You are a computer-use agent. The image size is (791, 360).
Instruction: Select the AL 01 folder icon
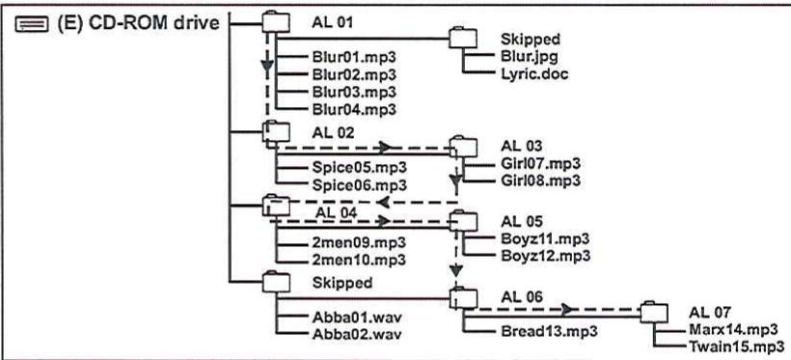pos(274,22)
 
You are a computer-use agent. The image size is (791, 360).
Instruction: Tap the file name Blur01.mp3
pos(344,56)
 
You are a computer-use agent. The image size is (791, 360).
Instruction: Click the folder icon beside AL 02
pos(274,132)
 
